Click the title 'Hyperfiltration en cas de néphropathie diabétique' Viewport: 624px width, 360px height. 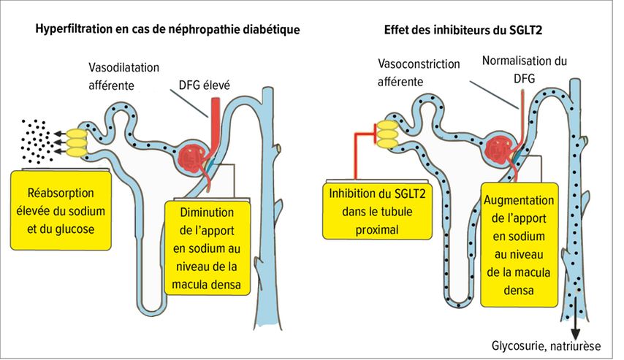pos(167,29)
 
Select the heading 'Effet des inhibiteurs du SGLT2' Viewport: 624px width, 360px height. pos(463,30)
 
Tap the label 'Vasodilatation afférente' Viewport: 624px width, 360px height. pos(123,77)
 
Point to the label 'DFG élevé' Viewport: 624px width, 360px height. pos(204,85)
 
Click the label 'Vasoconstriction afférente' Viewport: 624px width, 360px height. pos(418,73)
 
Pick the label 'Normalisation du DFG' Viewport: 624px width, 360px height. pos(525,69)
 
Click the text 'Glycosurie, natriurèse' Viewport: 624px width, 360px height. pos(546,345)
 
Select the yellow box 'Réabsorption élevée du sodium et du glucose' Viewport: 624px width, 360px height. pos(61,210)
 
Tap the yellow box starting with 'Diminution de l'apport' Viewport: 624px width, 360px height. pos(207,248)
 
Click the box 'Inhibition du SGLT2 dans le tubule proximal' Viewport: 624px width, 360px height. pos(377,211)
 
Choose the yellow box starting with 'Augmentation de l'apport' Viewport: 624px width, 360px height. pos(519,245)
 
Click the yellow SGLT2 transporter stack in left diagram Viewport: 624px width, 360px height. pos(76,143)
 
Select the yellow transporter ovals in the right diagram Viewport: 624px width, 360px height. pos(387,134)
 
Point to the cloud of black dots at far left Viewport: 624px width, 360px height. pos(37,141)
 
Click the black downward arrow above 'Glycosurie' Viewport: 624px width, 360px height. pos(575,321)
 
